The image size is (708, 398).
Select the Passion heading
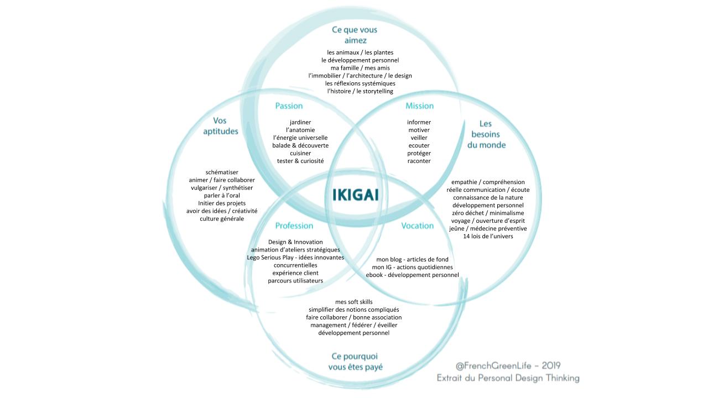[289, 106]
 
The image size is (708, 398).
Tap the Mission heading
[419, 106]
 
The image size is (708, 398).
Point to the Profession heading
[294, 226]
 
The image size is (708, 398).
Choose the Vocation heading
[417, 226]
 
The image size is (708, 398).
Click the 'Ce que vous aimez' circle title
[355, 35]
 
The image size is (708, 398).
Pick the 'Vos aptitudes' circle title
[220, 125]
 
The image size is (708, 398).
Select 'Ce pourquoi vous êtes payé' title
[355, 362]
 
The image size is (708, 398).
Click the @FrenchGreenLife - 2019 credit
[508, 365]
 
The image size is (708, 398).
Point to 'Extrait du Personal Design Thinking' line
[508, 378]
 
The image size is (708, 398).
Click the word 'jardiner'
[300, 122]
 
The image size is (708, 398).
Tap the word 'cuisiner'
[300, 153]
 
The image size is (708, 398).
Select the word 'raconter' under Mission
[419, 161]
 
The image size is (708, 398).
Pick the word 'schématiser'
[221, 172]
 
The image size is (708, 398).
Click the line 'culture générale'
[221, 219]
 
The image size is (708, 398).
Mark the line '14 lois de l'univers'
[488, 236]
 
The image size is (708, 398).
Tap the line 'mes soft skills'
[353, 302]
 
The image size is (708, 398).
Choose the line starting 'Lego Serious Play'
[295, 258]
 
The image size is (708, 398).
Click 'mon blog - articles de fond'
[412, 259]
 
